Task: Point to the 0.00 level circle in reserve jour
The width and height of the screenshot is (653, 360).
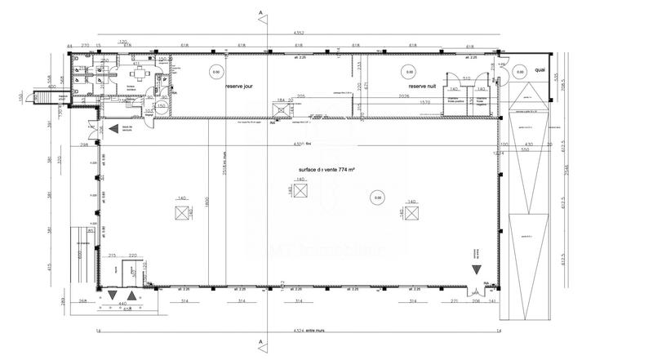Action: click(216, 71)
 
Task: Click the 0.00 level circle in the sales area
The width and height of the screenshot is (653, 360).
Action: click(376, 196)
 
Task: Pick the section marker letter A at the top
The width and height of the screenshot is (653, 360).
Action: click(260, 13)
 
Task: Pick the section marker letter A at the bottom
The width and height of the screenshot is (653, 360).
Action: click(260, 341)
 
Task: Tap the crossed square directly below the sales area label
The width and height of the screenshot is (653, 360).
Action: click(300, 191)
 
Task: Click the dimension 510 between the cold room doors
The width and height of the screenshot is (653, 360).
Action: click(466, 78)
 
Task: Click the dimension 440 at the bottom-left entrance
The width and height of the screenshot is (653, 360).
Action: click(123, 304)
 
